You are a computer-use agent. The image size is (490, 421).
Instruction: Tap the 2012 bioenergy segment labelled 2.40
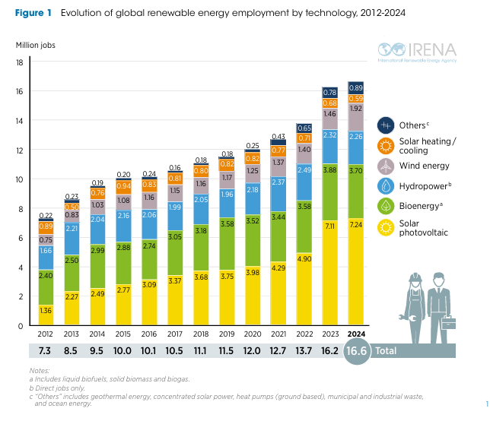click(45, 275)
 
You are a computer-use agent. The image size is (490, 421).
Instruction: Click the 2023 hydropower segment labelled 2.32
click(329, 135)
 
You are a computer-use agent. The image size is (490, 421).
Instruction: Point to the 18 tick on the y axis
click(20, 62)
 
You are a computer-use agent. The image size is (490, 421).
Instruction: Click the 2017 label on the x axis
click(174, 334)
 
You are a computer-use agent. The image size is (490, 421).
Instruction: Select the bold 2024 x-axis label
click(355, 334)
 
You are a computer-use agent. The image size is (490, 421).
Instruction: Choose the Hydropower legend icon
click(386, 186)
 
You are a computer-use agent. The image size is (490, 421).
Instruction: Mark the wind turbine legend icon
click(386, 166)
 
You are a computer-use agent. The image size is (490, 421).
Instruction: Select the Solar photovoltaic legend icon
click(386, 227)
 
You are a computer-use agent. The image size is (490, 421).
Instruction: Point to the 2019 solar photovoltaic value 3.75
click(226, 277)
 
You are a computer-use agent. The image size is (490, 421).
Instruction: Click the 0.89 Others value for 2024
click(355, 87)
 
